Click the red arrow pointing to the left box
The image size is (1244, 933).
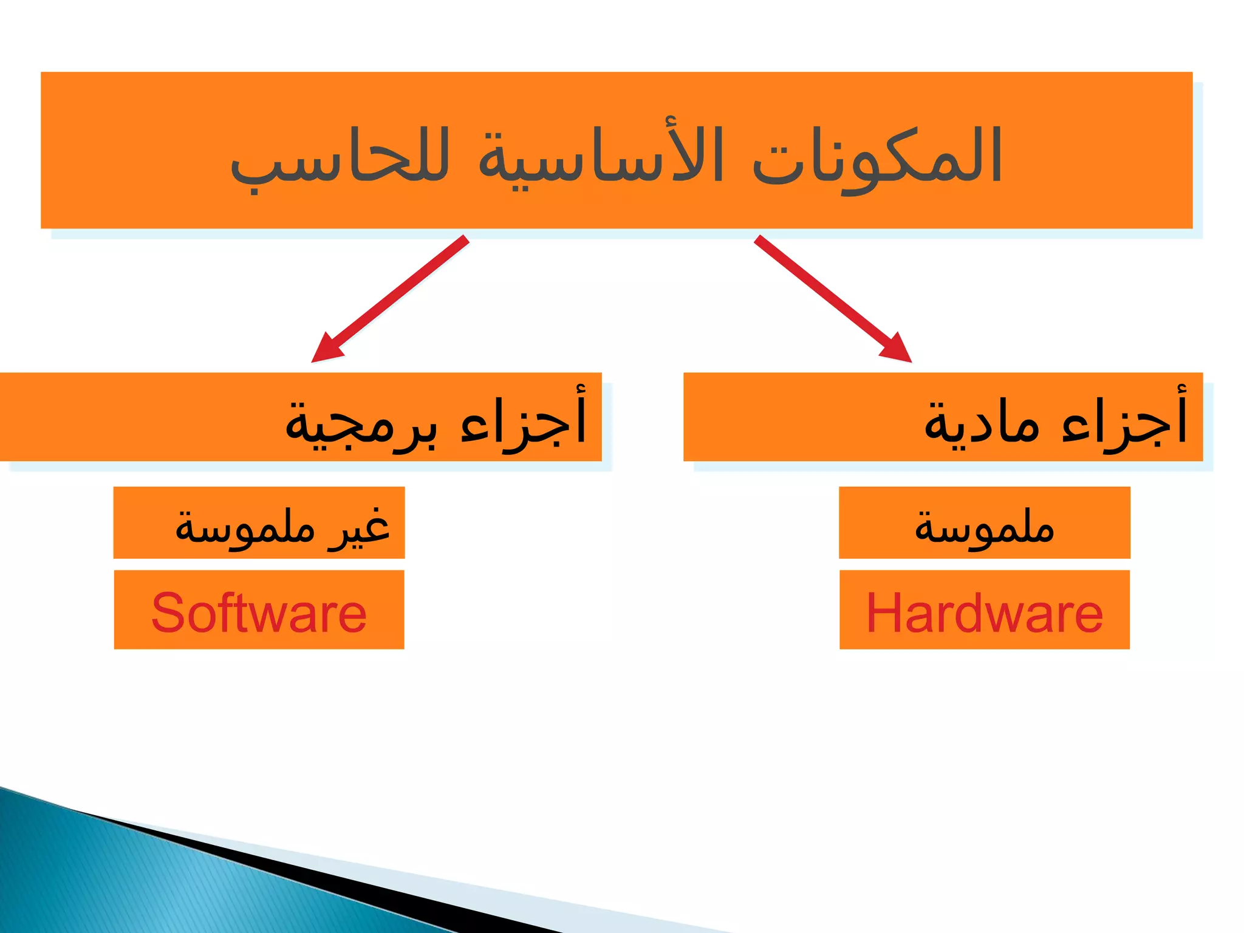point(395,295)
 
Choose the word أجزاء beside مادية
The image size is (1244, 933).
point(1124,419)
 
